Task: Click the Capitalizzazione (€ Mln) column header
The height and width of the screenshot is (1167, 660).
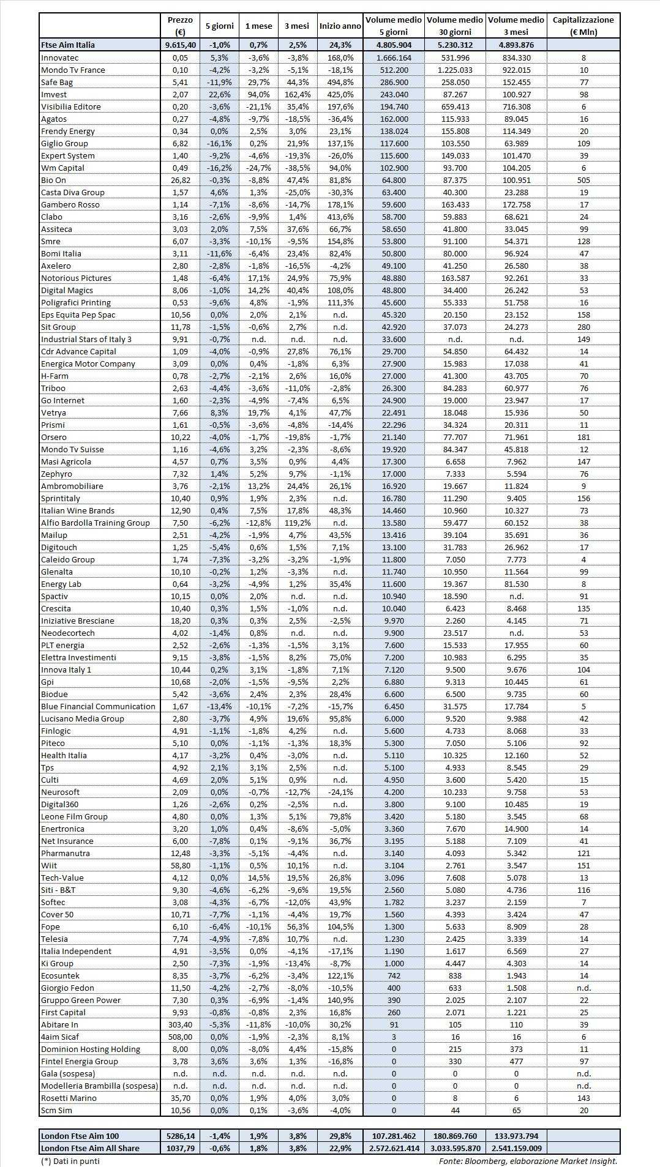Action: (583, 26)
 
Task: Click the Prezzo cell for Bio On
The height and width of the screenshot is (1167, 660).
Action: (180, 180)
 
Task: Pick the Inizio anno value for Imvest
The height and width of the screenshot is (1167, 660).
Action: (340, 94)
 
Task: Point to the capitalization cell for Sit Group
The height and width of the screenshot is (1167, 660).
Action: (583, 327)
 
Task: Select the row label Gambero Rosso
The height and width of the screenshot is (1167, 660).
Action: (70, 204)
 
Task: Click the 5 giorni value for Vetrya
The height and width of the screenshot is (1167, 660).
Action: (220, 412)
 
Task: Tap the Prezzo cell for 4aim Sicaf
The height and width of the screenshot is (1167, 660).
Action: (180, 1037)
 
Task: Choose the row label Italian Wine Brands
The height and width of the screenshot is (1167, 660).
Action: (78, 510)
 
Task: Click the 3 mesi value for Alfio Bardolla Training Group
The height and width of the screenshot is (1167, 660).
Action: (298, 523)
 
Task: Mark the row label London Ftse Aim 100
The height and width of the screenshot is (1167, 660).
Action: (80, 1136)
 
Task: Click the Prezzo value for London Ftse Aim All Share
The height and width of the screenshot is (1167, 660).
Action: (180, 1148)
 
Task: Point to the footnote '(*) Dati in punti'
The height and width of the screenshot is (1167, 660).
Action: (70, 1161)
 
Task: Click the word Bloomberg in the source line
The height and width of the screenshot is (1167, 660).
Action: (486, 1161)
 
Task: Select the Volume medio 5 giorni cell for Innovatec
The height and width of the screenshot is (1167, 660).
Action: (394, 58)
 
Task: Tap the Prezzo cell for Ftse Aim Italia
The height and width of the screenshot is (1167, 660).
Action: (180, 45)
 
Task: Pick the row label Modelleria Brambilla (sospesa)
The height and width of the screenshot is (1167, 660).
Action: (99, 1086)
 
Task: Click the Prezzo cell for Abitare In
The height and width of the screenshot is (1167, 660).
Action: (180, 1024)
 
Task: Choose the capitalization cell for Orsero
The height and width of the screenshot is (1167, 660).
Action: (583, 437)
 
